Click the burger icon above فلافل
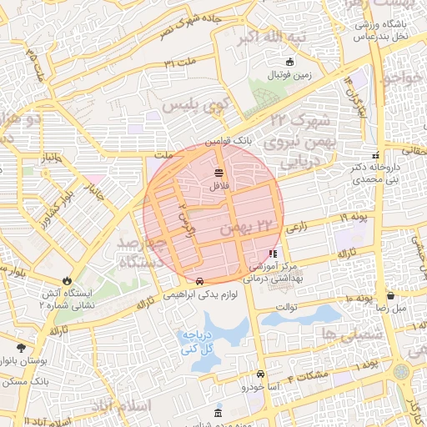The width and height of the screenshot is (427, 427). (219, 173)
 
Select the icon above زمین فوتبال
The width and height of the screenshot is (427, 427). (290, 62)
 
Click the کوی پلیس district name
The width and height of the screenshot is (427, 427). (189, 106)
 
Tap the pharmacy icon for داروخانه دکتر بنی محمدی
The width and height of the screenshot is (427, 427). (375, 155)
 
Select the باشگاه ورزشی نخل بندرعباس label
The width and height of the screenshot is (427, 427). (379, 30)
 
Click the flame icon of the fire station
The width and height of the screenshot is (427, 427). (67, 280)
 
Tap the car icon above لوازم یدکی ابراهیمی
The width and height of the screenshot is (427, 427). (201, 281)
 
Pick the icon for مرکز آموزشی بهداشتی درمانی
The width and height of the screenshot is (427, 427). (273, 254)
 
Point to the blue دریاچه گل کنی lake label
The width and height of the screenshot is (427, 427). (198, 339)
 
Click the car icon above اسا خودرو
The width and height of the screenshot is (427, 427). (261, 374)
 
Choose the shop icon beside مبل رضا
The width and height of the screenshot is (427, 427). (390, 295)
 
